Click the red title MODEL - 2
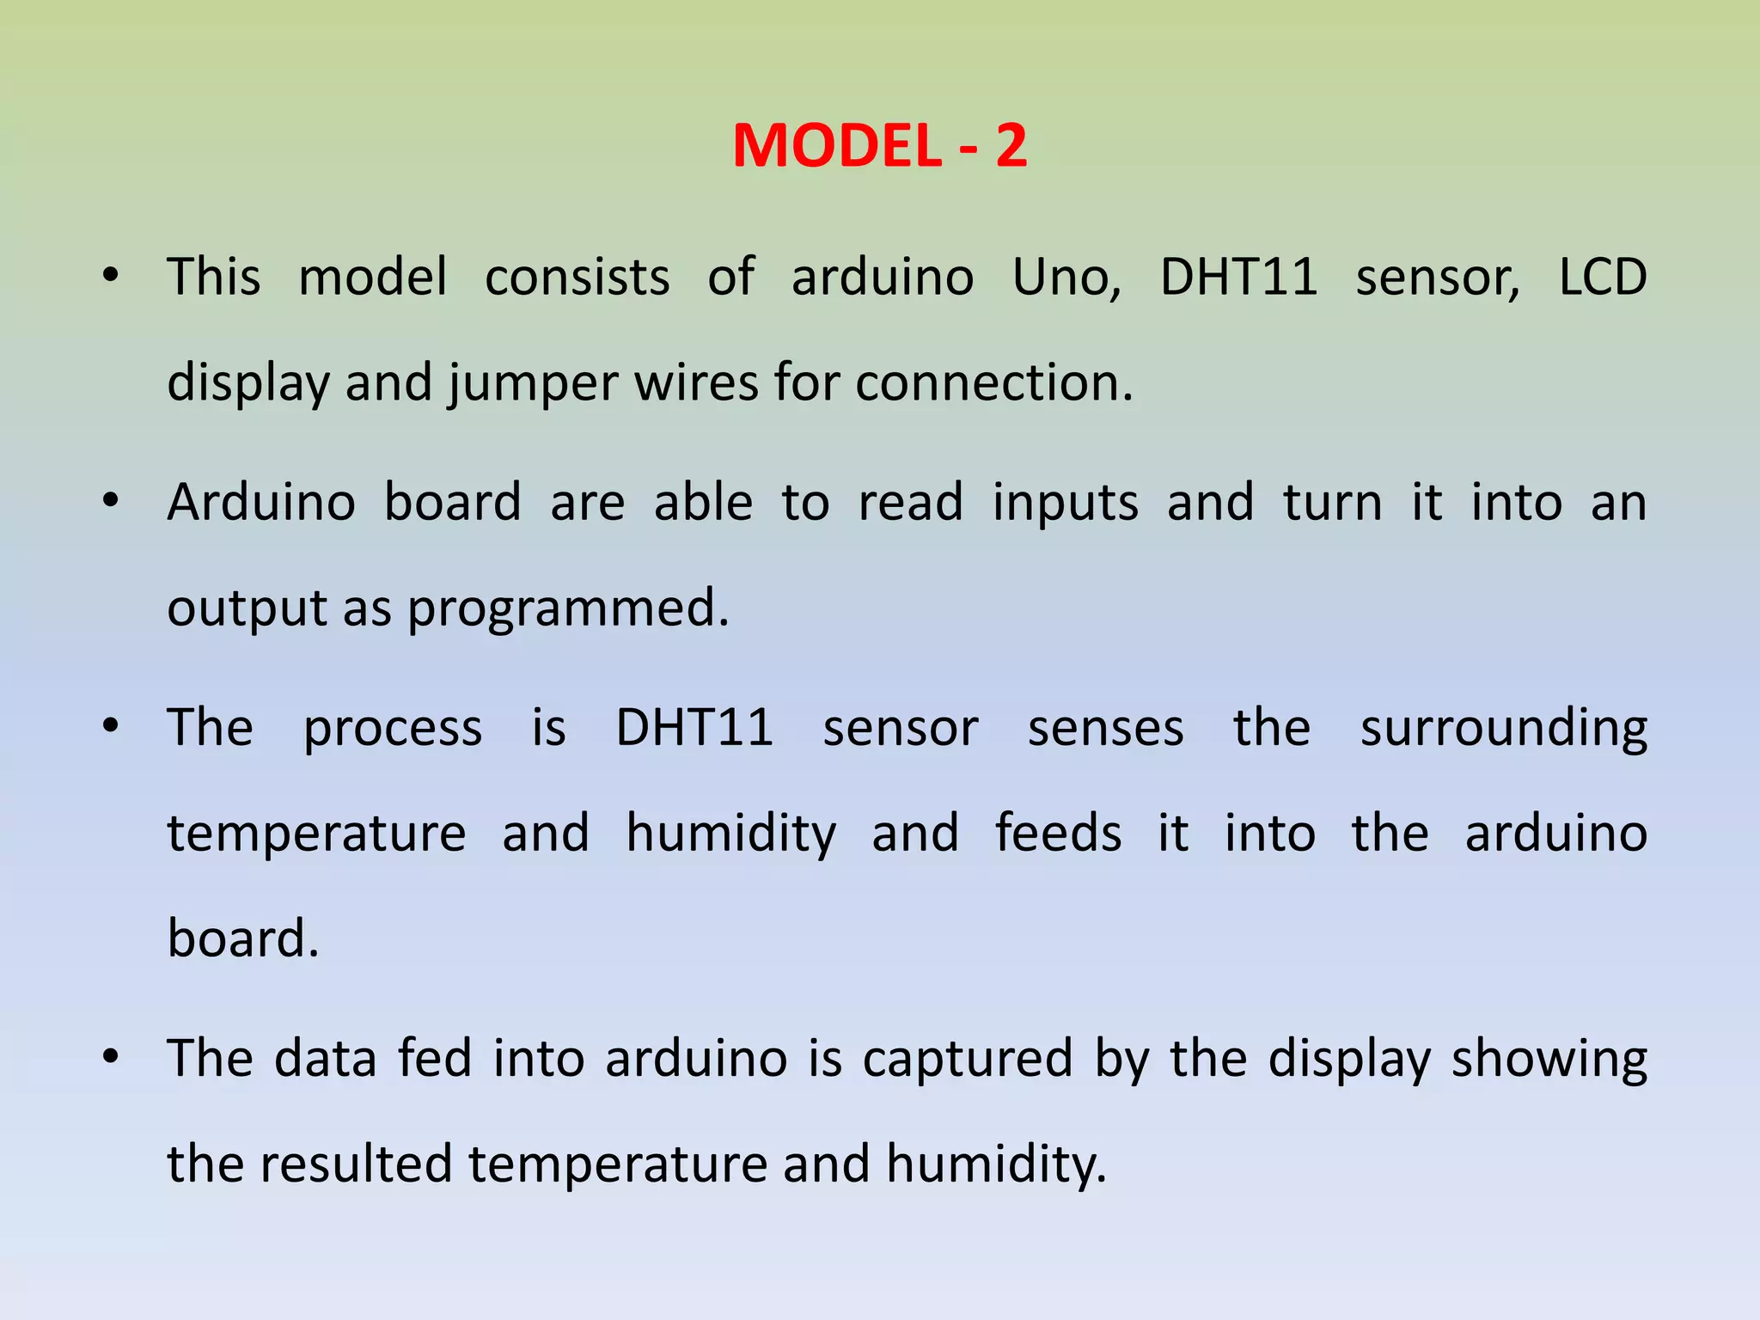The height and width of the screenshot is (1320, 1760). coord(879,145)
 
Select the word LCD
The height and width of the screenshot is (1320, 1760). coord(1602,278)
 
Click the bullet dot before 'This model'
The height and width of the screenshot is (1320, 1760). coord(110,277)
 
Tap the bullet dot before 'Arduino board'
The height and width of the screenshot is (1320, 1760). coord(110,501)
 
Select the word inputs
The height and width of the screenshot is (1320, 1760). coord(1065,504)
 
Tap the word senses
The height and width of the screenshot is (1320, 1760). coord(1105,729)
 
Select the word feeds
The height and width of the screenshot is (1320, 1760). coord(1058,833)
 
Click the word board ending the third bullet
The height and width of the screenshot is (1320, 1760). coord(242,938)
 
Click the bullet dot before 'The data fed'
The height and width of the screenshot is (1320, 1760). coord(110,1057)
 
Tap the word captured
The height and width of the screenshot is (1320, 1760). coord(968,1060)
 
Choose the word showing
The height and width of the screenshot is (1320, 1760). coord(1549,1060)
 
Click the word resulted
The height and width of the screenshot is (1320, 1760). coord(356,1164)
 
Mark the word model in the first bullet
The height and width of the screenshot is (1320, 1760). coord(372,278)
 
